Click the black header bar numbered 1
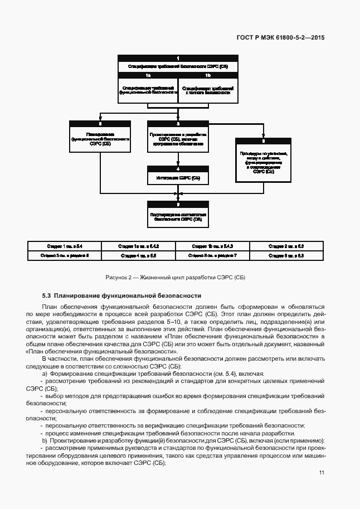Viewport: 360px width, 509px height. [x=178, y=58]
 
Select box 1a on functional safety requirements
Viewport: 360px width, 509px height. [x=148, y=90]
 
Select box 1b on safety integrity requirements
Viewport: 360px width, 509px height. [x=207, y=90]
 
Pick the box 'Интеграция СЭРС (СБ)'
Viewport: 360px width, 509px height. [x=178, y=178]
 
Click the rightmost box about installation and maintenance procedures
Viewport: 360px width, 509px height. [x=263, y=162]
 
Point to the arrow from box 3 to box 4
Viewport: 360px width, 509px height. [x=178, y=159]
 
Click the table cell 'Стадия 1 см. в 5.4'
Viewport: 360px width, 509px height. [x=65, y=246]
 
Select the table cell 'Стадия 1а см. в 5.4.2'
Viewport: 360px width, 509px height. [x=139, y=246]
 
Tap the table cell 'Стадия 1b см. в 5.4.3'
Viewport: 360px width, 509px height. [x=212, y=246]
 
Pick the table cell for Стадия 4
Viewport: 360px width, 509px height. [x=139, y=255]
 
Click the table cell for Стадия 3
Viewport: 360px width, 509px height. [x=65, y=255]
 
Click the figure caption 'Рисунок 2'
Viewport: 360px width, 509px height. [x=175, y=277]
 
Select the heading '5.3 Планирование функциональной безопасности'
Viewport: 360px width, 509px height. [x=121, y=295]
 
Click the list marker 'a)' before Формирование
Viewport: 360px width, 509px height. [x=44, y=373]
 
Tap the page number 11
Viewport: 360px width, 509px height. [x=322, y=472]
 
